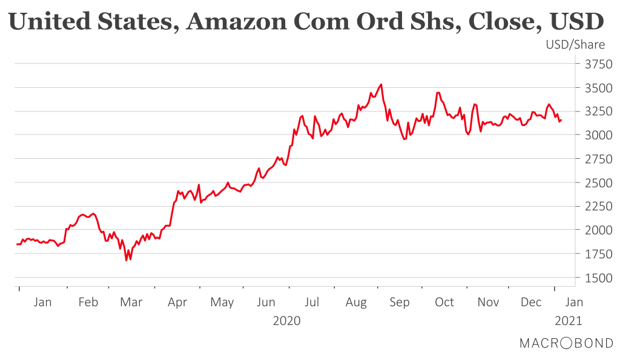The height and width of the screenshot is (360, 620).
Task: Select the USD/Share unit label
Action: pyautogui.click(x=575, y=45)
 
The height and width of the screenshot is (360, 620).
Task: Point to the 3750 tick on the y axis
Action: pyautogui.click(x=595, y=64)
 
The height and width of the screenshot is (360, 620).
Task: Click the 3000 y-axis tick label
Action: pyautogui.click(x=595, y=135)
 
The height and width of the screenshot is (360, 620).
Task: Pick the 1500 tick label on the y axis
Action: pyautogui.click(x=595, y=278)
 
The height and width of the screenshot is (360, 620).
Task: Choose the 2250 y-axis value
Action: pyautogui.click(x=595, y=207)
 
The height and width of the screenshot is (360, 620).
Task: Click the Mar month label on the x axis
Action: pyautogui.click(x=131, y=302)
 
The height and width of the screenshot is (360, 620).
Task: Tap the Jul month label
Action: pyautogui.click(x=311, y=302)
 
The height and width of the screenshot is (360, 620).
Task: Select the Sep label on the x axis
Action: pyautogui.click(x=400, y=302)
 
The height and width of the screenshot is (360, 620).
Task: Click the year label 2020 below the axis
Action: pyautogui.click(x=287, y=321)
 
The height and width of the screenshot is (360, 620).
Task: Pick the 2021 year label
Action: pyautogui.click(x=569, y=321)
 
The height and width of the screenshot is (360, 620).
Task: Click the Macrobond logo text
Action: pyautogui.click(x=566, y=343)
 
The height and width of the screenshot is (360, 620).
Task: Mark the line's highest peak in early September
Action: pyautogui.click(x=381, y=84)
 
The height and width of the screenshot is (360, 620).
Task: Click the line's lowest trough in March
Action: pyautogui.click(x=127, y=261)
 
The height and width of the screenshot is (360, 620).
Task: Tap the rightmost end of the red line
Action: pyautogui.click(x=561, y=120)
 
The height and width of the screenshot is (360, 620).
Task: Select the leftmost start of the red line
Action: pyautogui.click(x=16, y=244)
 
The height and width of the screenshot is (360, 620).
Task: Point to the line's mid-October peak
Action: pyautogui.click(x=438, y=93)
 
